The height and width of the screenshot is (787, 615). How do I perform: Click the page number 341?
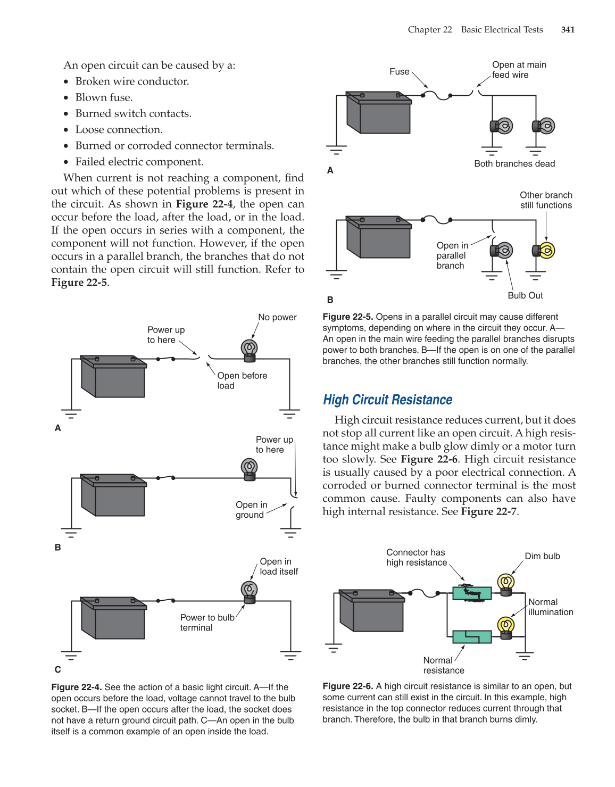pos(568,30)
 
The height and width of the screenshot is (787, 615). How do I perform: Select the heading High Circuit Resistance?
pos(387,400)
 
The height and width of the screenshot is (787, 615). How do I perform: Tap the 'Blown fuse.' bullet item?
pos(104,97)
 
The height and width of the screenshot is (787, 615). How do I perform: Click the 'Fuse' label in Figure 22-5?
pos(399,72)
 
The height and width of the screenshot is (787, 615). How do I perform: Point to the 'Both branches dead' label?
pos(514,164)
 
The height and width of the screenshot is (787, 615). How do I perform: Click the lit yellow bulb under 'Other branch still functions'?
pos(546,250)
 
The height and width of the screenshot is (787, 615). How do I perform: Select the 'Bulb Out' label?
pos(525,296)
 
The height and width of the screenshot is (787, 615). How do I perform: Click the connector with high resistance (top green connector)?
pos(472,593)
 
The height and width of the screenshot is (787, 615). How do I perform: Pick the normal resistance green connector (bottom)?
pos(472,636)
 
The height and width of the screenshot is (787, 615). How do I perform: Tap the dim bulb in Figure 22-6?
pos(505,583)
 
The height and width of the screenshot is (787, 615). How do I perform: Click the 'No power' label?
pos(277,318)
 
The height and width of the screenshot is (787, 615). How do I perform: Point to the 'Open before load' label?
pos(242,380)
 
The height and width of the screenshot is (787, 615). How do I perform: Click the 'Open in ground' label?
pos(251,510)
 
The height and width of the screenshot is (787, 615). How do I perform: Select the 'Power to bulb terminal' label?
pos(207,623)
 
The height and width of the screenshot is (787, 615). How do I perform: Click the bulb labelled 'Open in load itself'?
pos(249,590)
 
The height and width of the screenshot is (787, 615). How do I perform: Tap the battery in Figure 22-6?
pos(372,610)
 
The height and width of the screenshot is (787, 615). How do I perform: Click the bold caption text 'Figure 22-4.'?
pos(77,687)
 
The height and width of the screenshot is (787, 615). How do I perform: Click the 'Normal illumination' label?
pos(550,607)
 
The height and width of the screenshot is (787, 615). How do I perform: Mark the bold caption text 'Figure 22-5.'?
pos(348,317)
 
